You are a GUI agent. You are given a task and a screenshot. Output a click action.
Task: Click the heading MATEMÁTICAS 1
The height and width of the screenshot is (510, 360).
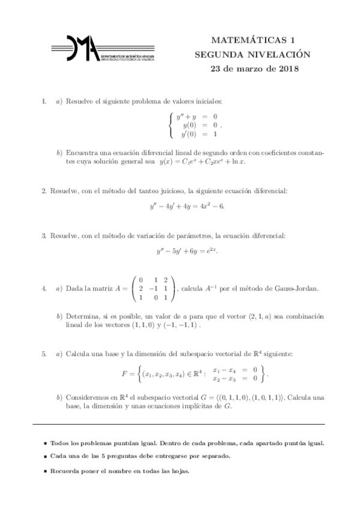point(252,40)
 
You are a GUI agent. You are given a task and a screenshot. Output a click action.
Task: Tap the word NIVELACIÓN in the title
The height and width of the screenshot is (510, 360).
point(278,54)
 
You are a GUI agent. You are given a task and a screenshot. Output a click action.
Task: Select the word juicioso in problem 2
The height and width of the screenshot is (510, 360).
point(167,191)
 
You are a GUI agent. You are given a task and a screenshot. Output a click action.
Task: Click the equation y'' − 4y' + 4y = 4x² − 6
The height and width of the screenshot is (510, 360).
point(187,207)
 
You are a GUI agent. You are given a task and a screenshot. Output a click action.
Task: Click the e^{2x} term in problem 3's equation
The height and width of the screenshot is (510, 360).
point(212,250)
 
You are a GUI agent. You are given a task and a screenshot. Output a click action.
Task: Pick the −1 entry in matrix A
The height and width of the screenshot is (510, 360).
point(153,289)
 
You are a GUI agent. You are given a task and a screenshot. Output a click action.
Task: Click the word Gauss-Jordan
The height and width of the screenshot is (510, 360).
point(295,289)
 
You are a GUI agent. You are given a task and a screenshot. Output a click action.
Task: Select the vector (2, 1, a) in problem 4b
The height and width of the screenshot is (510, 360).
point(260,316)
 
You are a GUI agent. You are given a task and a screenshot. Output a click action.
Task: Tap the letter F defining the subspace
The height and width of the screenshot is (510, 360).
point(124,375)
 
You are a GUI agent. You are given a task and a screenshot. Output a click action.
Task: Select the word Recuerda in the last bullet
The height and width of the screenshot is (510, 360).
point(67,471)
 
